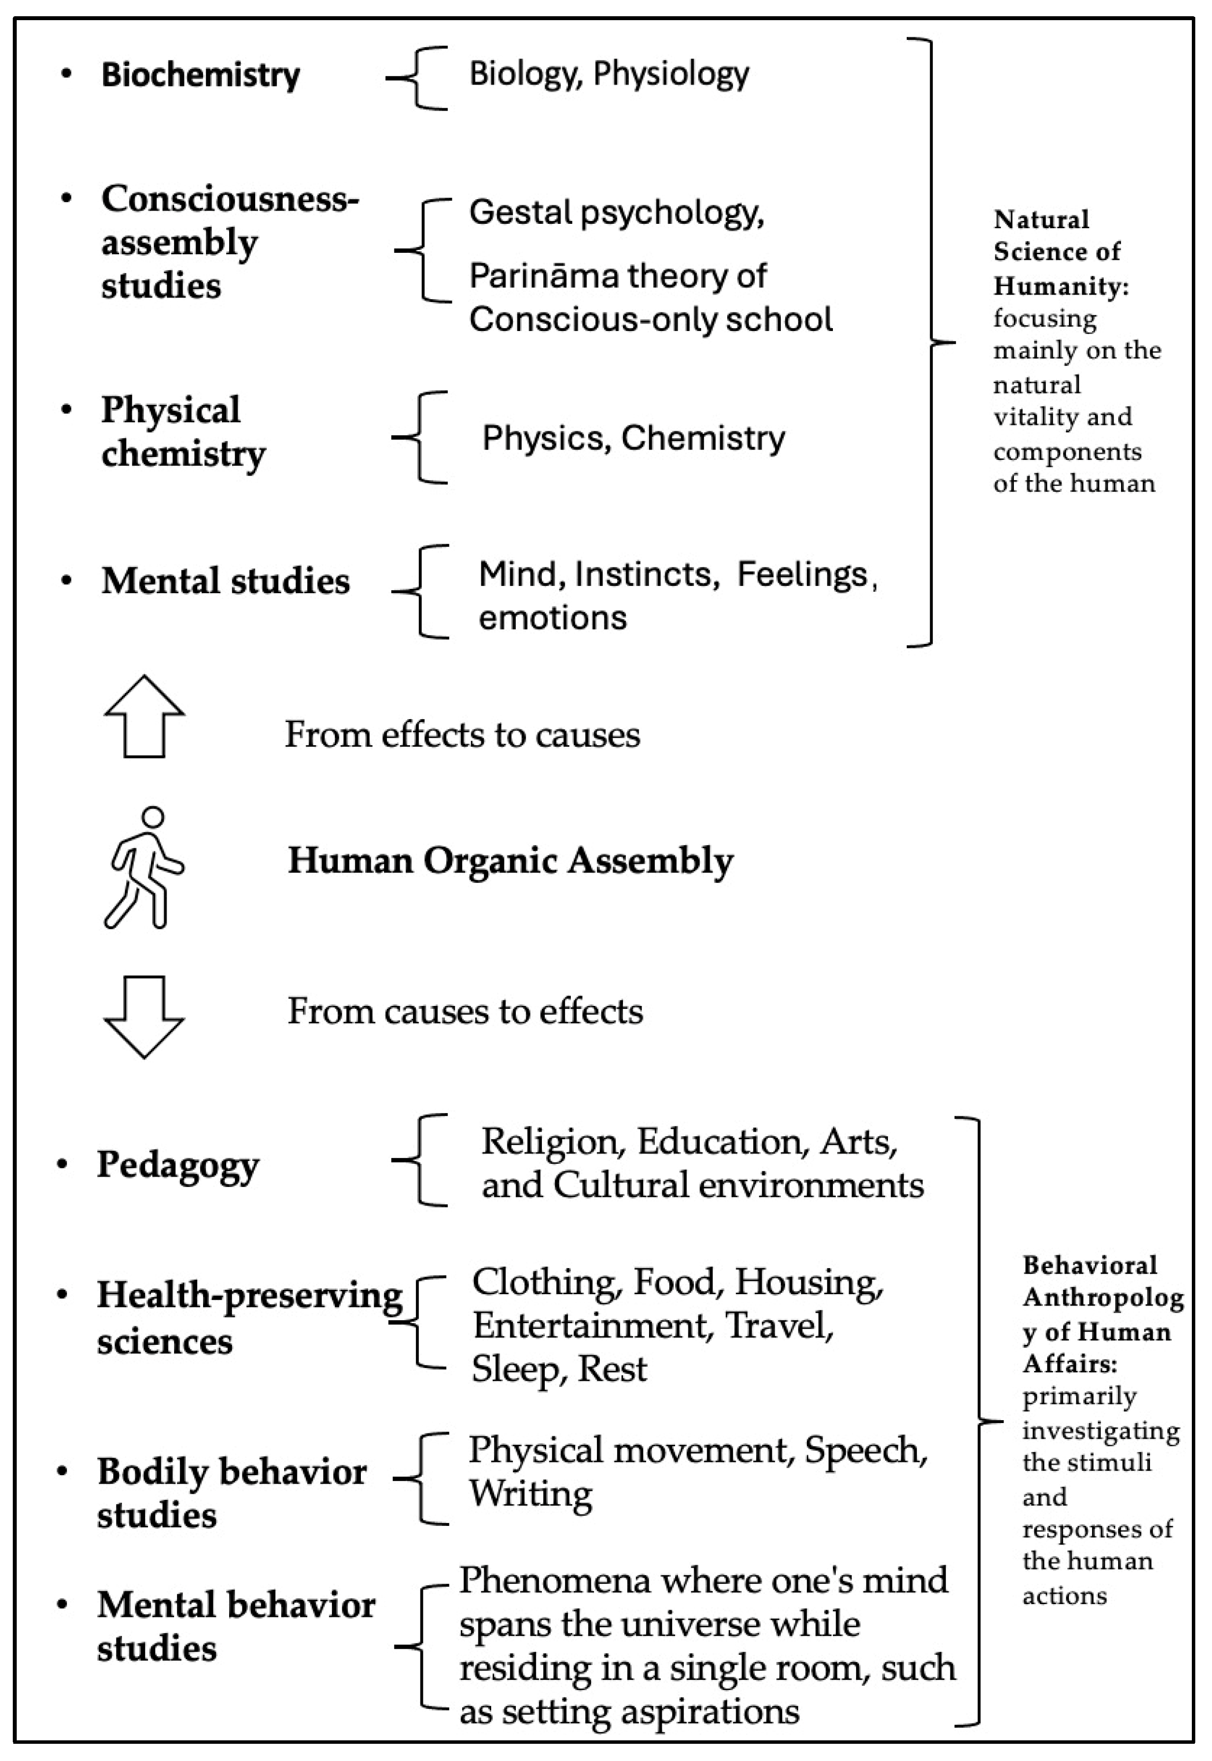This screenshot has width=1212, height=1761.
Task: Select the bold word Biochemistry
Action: point(201,74)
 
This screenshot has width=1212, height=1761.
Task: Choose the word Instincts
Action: point(647,575)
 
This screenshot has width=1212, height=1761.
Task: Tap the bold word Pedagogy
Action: point(178,1165)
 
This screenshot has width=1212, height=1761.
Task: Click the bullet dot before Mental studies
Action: point(67,581)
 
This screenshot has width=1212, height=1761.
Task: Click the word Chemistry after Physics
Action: point(703,438)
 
